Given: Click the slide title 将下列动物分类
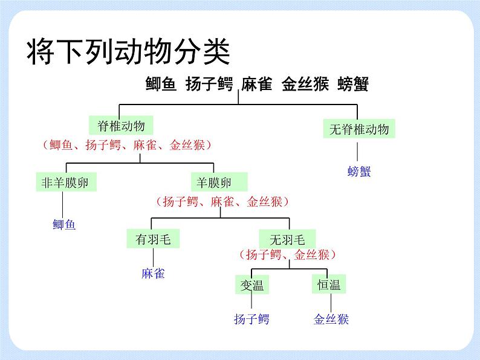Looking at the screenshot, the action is pos(128,51).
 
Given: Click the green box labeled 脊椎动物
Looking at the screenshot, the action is pos(121,125).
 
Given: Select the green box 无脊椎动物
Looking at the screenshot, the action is pos(359,129).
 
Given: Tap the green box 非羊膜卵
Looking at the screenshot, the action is pos(66,182).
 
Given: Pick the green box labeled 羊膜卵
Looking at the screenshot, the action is pos(219,182).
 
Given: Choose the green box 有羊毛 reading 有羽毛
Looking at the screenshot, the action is pos(153,239).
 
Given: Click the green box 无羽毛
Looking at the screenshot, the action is pos(287,239).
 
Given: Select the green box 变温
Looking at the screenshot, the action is pos(252,284).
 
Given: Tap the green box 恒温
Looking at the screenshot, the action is pos(329,284).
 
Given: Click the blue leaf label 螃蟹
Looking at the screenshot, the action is pos(359,172).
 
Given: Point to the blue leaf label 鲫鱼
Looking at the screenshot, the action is pos(64,225).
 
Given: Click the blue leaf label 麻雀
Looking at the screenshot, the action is pos(153,274).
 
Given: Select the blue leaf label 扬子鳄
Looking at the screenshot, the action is pos(251,319).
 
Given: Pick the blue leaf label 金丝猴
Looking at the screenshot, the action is pos(331,319).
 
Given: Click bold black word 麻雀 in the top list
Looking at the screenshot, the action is pos(256,84).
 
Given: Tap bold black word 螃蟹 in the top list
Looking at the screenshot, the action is pos(353,84).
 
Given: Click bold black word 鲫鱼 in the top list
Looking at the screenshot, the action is pos(161,84).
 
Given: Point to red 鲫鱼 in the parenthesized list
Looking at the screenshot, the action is pos(61,145).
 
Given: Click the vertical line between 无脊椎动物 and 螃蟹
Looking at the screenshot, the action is pos(357,152).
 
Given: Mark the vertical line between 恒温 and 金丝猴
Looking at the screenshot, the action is pos(331,303).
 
